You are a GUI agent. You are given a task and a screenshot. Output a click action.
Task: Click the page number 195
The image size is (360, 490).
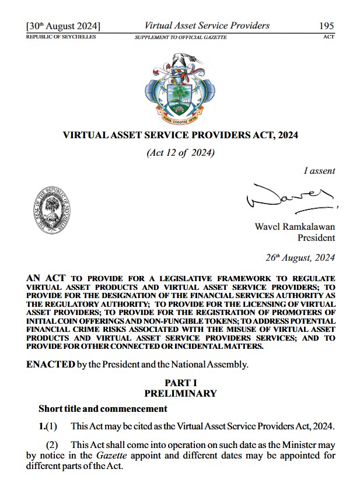pyautogui.click(x=326, y=26)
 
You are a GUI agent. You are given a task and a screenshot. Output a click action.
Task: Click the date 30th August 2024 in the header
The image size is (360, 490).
pyautogui.click(x=63, y=26)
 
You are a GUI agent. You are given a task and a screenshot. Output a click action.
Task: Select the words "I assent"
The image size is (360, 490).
pyautogui.click(x=319, y=171)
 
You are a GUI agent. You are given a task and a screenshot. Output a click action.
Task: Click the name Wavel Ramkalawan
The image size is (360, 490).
pyautogui.click(x=295, y=226)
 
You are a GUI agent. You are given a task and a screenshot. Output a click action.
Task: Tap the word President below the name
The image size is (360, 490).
pyautogui.click(x=316, y=238)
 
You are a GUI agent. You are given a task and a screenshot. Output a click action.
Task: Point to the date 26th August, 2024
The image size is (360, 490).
pyautogui.click(x=300, y=257)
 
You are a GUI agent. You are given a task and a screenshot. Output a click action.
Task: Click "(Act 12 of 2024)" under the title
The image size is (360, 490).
pyautogui.click(x=180, y=153)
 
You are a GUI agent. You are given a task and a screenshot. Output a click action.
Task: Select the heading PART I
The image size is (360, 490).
pyautogui.click(x=180, y=383)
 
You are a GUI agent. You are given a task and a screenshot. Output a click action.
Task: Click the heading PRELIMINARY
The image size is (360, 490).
pyautogui.click(x=180, y=394)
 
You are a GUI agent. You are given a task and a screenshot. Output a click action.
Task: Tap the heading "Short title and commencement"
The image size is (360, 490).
pyautogui.click(x=103, y=408)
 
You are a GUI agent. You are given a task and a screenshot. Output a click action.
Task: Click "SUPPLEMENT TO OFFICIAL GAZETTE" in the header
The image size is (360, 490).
pyautogui.click(x=181, y=37)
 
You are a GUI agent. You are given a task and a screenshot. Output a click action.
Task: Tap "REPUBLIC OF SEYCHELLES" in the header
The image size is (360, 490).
pyautogui.click(x=61, y=37)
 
